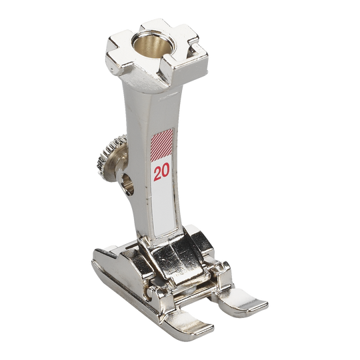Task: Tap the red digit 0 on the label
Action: tap(166, 171)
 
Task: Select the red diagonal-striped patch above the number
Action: tap(161, 145)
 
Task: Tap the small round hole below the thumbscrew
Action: tap(127, 184)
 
